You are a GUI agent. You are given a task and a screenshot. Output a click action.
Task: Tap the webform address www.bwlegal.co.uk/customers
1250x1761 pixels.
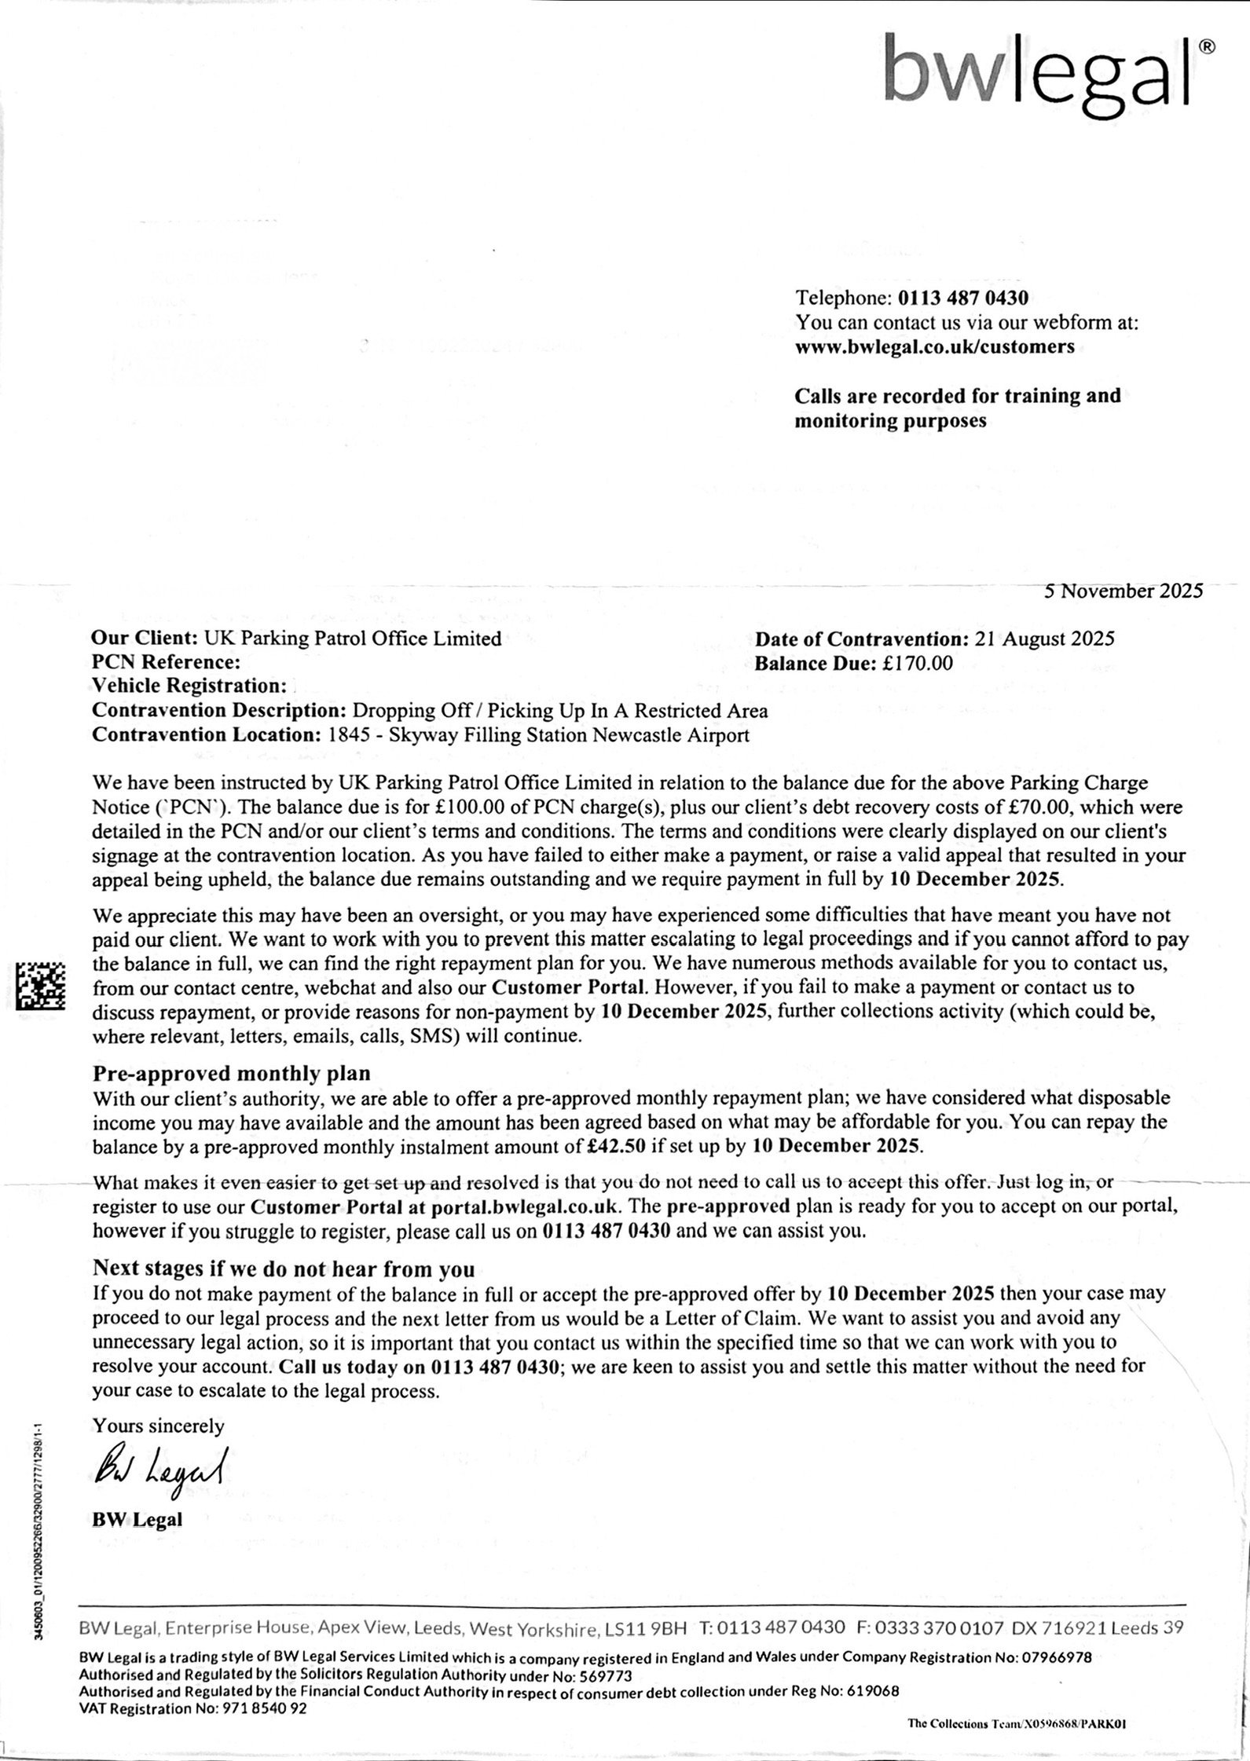click(935, 347)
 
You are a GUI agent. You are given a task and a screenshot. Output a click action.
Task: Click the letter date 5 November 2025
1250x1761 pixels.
click(1123, 591)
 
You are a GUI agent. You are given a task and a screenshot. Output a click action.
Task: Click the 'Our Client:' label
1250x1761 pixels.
click(146, 639)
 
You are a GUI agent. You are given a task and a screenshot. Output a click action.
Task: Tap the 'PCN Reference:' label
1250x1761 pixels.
click(166, 663)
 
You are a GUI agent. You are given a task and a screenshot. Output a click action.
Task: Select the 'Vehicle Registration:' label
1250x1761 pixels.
click(189, 686)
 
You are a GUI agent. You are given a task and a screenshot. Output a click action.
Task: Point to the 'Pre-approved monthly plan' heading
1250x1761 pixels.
click(232, 1073)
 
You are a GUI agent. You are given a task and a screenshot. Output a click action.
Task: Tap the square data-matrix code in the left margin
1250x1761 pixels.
click(41, 986)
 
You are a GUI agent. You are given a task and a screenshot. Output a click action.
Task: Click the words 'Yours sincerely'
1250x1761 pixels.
click(159, 1426)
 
